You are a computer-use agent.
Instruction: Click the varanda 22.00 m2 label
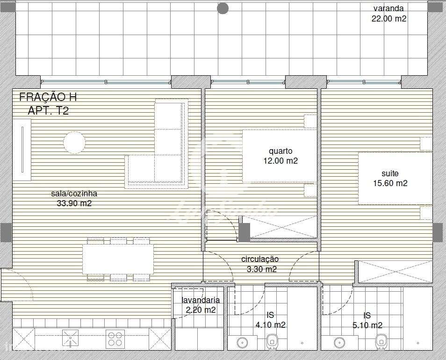(388, 14)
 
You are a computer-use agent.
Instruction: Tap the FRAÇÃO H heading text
(48, 97)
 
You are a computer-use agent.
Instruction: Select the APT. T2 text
(48, 111)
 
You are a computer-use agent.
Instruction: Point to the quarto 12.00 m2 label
(281, 156)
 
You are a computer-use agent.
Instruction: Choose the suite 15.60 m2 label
(390, 179)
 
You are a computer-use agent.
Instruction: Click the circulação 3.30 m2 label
(261, 264)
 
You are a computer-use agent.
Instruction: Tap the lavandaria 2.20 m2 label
(201, 305)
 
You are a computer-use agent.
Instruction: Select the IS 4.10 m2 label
(270, 320)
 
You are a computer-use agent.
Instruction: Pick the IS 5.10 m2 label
(367, 320)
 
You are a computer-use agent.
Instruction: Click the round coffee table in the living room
(74, 143)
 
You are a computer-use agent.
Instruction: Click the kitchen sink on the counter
(70, 338)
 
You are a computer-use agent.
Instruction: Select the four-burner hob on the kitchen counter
(115, 338)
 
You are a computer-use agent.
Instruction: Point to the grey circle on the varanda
(223, 8)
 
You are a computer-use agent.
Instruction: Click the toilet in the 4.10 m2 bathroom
(273, 342)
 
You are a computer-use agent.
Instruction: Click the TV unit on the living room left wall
(22, 150)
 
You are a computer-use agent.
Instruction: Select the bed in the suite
(395, 178)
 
